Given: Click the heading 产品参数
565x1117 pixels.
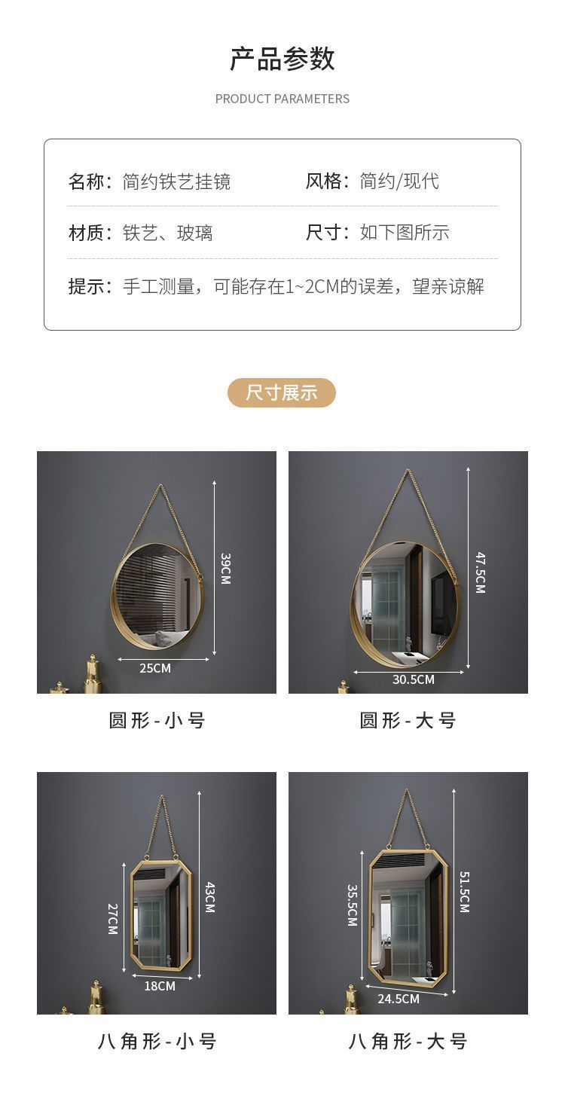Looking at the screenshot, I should click(x=282, y=60).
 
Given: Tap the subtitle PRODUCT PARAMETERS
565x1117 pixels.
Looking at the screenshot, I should click(x=282, y=99).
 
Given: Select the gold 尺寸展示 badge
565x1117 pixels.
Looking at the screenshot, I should click(x=282, y=392).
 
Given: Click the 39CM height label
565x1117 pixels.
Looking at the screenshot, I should click(x=225, y=569).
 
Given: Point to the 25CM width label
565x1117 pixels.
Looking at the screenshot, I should click(x=155, y=668).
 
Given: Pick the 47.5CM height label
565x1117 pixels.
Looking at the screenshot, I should click(x=480, y=572).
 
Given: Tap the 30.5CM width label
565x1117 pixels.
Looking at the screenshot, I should click(x=414, y=679).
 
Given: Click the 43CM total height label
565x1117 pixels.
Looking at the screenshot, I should click(x=209, y=897).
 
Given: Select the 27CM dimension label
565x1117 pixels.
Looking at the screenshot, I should click(x=113, y=919).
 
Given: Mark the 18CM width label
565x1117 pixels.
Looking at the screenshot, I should click(x=160, y=986).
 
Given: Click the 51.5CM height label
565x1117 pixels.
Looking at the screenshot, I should click(x=464, y=893).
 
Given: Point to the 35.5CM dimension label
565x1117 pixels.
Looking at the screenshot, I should click(x=352, y=905).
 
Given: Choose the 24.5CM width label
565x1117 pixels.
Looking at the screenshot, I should click(x=399, y=999).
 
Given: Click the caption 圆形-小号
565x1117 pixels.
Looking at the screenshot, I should click(x=157, y=721).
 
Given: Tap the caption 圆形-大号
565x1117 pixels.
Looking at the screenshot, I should click(x=408, y=721).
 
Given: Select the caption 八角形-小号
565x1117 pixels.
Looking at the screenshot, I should click(x=157, y=1042).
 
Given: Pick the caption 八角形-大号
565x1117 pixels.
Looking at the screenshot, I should click(x=408, y=1042).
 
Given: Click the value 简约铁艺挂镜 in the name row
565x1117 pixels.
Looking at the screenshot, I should click(x=176, y=182).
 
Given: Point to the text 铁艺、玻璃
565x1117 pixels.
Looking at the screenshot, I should click(x=167, y=233).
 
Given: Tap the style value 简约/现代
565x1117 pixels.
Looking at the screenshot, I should click(x=399, y=182).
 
